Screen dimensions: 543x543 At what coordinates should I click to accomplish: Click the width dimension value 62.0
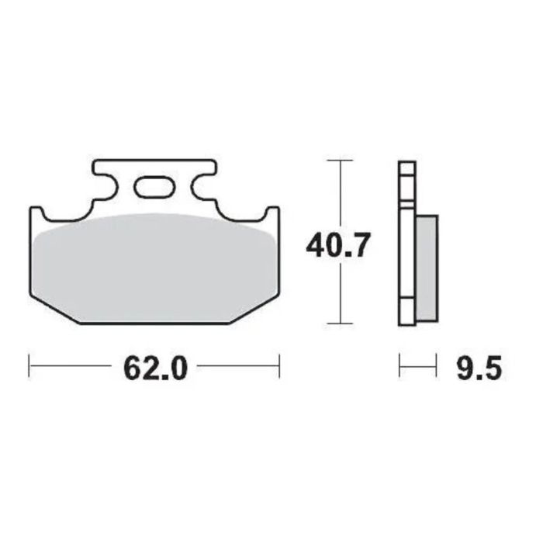154,368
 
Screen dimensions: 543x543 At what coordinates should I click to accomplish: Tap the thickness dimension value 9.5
477,368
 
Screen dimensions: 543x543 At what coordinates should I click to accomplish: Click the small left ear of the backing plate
36,214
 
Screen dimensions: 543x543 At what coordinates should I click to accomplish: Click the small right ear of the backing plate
272,214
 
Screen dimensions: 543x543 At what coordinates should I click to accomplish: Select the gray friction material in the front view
154,268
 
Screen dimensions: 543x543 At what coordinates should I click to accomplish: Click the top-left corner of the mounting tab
95,162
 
